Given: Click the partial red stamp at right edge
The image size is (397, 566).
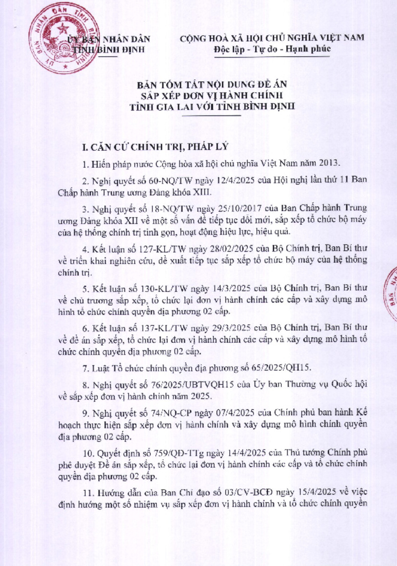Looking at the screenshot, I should [390, 298].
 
